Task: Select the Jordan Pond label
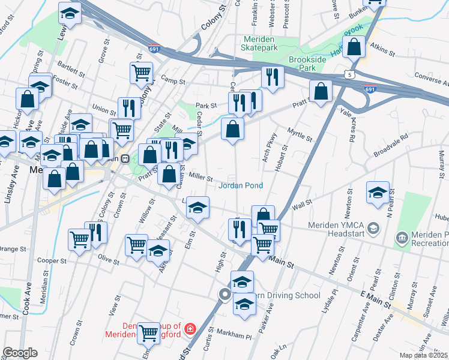[x=241, y=185]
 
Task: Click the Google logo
[x=20, y=352]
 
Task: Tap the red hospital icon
[x=190, y=328]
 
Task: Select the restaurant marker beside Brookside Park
[x=273, y=77]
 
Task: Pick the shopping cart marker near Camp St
[x=141, y=73]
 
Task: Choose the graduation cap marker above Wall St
[x=378, y=192]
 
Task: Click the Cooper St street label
[x=51, y=261]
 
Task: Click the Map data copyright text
[x=424, y=355]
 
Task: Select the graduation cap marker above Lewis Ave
[x=70, y=13]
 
